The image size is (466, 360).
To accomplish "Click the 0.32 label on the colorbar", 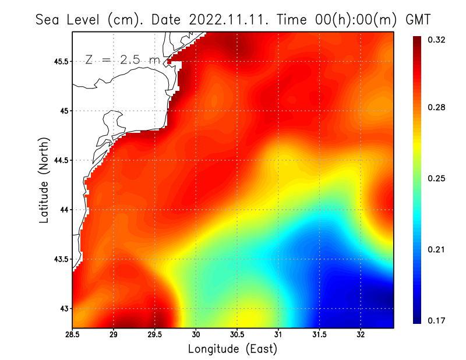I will pyautogui.click(x=437, y=40).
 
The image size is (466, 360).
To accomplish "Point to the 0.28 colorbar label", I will pyautogui.click(x=437, y=108).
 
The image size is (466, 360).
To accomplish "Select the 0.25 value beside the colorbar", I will pyautogui.click(x=437, y=178).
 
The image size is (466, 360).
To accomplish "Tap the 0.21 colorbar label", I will pyautogui.click(x=437, y=249).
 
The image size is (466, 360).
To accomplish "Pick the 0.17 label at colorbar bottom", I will pyautogui.click(x=437, y=320).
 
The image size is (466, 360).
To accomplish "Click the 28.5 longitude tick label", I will pyautogui.click(x=72, y=335).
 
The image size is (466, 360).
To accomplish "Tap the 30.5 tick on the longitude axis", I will pyautogui.click(x=237, y=335).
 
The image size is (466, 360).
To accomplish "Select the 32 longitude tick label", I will pyautogui.click(x=361, y=335).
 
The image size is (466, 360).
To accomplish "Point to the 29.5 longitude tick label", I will pyautogui.click(x=155, y=335).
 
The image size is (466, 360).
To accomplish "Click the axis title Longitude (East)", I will pyautogui.click(x=232, y=349).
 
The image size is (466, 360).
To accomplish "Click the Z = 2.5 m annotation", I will pyautogui.click(x=122, y=59).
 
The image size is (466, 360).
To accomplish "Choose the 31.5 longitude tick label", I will pyautogui.click(x=319, y=335).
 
